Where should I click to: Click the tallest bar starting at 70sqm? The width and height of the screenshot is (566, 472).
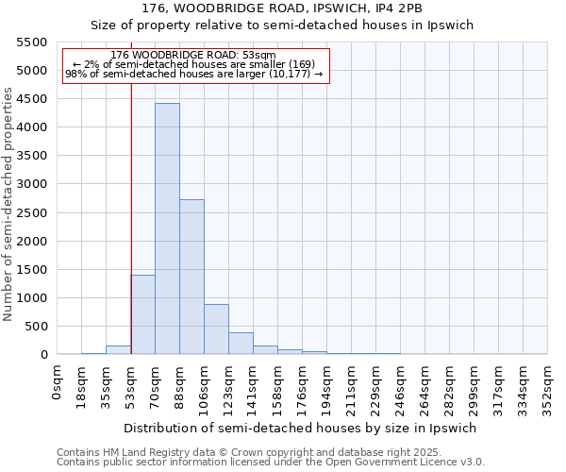coord(167,228)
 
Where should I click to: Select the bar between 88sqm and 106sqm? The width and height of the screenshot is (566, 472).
coord(191,277)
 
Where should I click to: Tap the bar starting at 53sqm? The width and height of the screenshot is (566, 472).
coord(142,314)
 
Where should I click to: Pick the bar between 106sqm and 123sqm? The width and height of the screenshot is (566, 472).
coord(216,329)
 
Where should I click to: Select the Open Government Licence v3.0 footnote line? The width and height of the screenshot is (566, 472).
coord(271,463)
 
